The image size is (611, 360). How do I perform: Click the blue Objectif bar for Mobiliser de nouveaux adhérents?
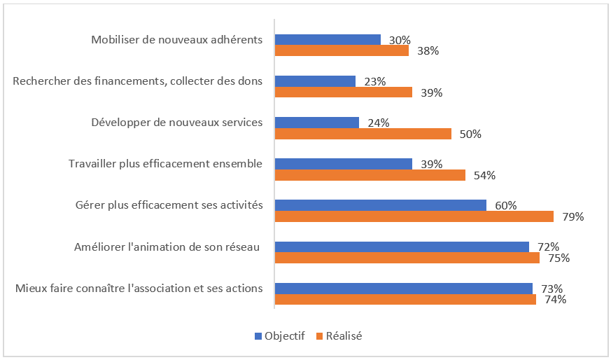328,40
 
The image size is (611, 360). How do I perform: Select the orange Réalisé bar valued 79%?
414,216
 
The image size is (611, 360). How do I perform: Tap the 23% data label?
375,81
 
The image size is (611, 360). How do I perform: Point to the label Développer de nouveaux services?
177,123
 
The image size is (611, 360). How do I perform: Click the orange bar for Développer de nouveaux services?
363,134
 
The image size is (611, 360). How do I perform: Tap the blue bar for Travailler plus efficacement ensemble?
343,164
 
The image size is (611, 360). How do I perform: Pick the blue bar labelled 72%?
402,247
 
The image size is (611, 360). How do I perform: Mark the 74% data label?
555,300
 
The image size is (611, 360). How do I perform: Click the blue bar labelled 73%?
403,288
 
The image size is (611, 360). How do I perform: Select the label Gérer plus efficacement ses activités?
169,205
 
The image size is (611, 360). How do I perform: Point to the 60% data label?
505,205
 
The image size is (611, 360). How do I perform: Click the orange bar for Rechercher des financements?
343,92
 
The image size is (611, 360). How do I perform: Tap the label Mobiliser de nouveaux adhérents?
177,39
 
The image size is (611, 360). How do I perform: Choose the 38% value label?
428,50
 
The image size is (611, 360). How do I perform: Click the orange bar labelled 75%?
407,258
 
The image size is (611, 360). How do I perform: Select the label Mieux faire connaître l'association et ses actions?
139,288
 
